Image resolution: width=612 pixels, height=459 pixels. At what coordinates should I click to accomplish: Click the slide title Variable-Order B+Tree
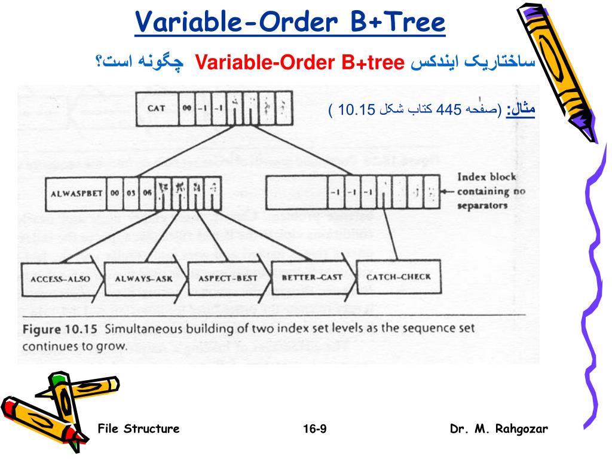tap(290, 23)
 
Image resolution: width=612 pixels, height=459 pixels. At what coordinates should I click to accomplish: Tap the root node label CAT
tap(156, 109)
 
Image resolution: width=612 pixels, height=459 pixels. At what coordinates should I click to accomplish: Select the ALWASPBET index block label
tap(75, 193)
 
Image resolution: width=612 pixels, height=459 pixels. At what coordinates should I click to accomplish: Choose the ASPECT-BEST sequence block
tap(223, 278)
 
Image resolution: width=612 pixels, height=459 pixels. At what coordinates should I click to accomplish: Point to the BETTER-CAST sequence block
tap(307, 277)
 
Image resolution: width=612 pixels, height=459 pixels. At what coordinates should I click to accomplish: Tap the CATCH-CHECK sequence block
tap(398, 277)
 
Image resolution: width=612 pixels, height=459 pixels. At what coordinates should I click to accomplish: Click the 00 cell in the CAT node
tap(187, 109)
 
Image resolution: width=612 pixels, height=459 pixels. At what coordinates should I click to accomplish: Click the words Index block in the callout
tap(486, 177)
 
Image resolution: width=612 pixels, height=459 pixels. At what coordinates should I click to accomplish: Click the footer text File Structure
tap(138, 429)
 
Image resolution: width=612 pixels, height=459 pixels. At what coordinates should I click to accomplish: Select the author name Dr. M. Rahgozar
tap(498, 429)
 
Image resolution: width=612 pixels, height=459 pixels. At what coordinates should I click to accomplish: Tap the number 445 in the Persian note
tap(449, 109)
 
